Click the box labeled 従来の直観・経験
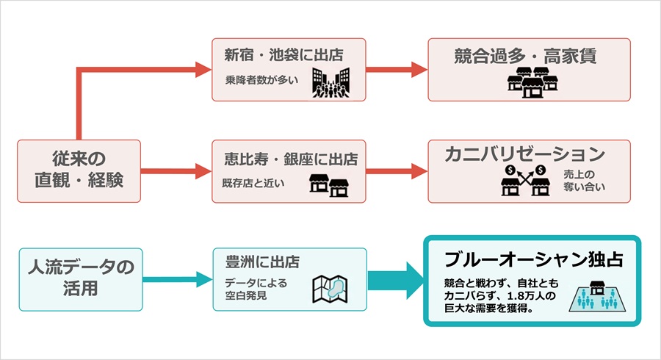[79, 171]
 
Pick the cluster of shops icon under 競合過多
[530, 82]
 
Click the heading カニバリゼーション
[524, 155]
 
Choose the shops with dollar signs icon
[524, 181]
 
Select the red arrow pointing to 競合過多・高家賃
[397, 70]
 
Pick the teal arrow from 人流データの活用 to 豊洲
[176, 279]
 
